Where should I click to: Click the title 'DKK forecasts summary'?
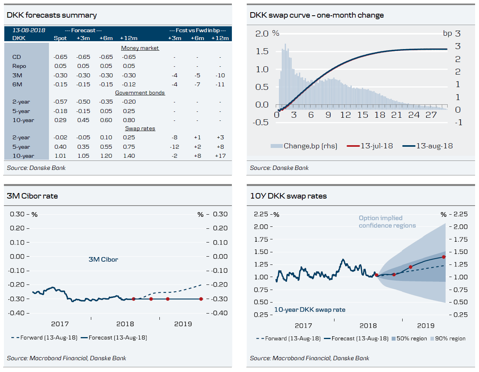coord(52,15)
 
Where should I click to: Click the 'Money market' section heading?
coord(140,48)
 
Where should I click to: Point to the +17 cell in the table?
coord(221,156)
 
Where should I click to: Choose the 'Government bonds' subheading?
coord(140,93)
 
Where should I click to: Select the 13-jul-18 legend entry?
coord(376,146)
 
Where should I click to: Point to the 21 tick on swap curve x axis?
coord(397,115)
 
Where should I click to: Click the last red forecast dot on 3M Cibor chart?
coord(201,299)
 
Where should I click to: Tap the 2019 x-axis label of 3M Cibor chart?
coord(183,324)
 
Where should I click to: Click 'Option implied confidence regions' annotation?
coord(387,222)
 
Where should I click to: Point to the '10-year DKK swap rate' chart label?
coord(309,310)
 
